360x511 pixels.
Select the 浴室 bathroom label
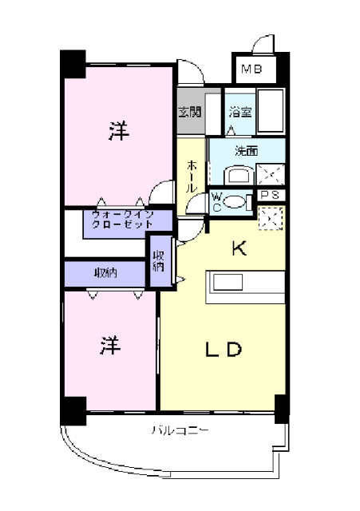240,112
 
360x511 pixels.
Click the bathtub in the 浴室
272,113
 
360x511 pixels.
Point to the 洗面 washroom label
245,150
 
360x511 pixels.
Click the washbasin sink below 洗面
237,176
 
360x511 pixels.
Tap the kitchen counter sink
229,282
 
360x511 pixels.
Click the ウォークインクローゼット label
121,220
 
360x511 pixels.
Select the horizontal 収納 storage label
105,273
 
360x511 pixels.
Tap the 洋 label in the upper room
118,133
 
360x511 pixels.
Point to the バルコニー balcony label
180,432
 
